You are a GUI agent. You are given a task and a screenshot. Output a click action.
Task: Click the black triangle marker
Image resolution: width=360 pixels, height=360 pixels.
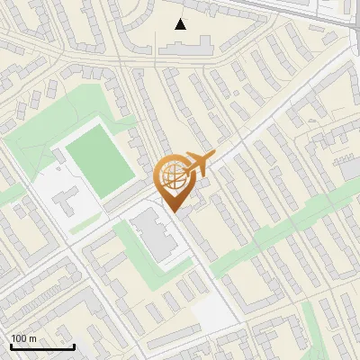pyautogui.click(x=182, y=24)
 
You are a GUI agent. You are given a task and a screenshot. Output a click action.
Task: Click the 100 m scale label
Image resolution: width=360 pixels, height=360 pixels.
pyautogui.click(x=23, y=338)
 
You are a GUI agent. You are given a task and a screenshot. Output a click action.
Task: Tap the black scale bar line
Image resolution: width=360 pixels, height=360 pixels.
pyautogui.click(x=41, y=346)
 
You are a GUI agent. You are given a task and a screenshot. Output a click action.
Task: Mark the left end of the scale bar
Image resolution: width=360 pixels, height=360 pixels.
pyautogui.click(x=10, y=346)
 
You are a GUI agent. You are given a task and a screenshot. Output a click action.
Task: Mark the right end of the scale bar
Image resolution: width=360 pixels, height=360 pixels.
pyautogui.click(x=74, y=346)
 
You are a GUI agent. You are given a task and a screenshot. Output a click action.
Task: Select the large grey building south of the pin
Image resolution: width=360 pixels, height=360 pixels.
pyautogui.click(x=156, y=236)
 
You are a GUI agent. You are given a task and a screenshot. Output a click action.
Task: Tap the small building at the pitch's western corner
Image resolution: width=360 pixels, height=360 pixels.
pyautogui.click(x=58, y=156)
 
